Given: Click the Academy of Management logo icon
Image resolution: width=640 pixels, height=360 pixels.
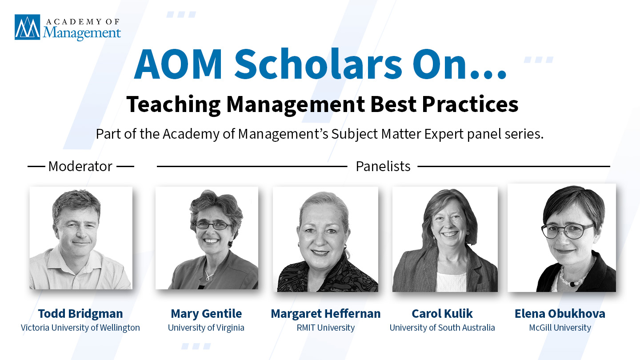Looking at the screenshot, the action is [x=27, y=27].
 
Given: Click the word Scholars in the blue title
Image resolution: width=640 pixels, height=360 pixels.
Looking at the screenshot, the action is [x=318, y=64].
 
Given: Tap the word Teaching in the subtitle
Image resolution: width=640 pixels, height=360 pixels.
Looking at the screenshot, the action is [x=173, y=105].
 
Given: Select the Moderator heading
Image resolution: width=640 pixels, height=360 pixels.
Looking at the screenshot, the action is [x=80, y=166].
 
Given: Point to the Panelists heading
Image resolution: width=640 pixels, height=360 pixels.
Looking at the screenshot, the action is [x=383, y=166].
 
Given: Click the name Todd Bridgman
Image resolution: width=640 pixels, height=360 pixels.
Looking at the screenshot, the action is [x=80, y=313].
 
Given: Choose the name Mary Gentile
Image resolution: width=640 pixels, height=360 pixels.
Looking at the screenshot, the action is [x=206, y=313].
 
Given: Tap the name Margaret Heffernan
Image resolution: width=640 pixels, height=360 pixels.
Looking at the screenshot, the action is [x=326, y=313].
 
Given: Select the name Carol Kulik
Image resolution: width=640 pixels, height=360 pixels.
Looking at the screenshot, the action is [x=442, y=313].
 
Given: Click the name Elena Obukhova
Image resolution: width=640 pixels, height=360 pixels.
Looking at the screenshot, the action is [x=560, y=313].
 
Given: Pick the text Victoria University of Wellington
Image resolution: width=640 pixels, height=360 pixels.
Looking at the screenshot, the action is [x=80, y=328].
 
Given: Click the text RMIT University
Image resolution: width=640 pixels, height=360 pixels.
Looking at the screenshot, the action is [x=326, y=328].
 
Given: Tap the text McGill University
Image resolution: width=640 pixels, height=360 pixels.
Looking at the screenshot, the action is [x=560, y=328].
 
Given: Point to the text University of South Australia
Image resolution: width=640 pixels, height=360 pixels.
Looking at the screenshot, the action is [x=442, y=328].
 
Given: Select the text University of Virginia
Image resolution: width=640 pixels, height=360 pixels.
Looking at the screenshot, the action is [x=206, y=328].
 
